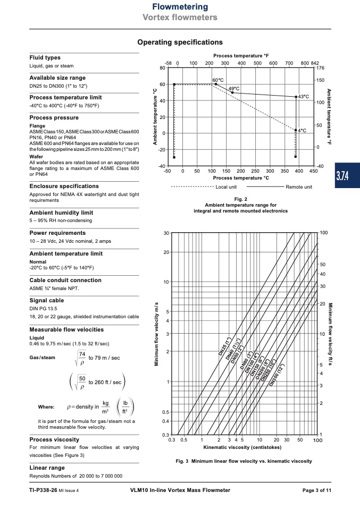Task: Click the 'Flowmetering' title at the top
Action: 180,7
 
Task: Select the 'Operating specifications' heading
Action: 180,42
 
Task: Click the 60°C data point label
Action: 217,80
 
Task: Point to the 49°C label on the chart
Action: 234,88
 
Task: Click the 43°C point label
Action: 303,97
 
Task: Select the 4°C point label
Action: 302,130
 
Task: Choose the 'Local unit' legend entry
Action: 226,187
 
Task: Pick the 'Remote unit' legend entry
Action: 299,187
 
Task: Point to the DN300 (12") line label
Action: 277,374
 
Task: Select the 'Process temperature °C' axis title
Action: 241,178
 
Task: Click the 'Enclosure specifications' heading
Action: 64,186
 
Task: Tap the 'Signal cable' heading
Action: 46,301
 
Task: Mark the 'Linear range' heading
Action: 47,468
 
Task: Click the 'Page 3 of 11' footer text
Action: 316,490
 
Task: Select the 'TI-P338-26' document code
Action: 43,490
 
